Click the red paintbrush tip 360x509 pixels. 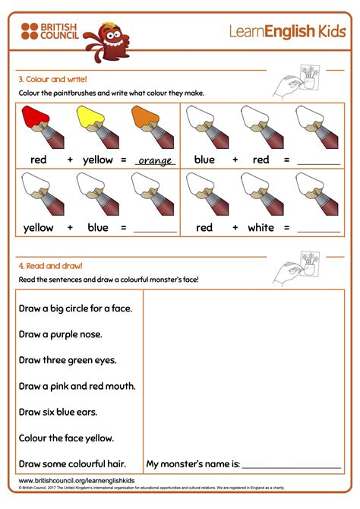(x=33, y=117)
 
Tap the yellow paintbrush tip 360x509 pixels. (x=88, y=117)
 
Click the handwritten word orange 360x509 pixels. (x=154, y=160)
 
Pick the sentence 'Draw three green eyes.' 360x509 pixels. (x=67, y=359)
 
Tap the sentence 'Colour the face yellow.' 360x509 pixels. (x=66, y=438)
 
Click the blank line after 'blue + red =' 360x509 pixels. (x=319, y=163)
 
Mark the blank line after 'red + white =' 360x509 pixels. (x=319, y=229)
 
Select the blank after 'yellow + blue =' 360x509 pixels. (x=154, y=229)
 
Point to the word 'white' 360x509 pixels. (x=260, y=227)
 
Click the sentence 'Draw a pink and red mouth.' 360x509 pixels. (x=77, y=386)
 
